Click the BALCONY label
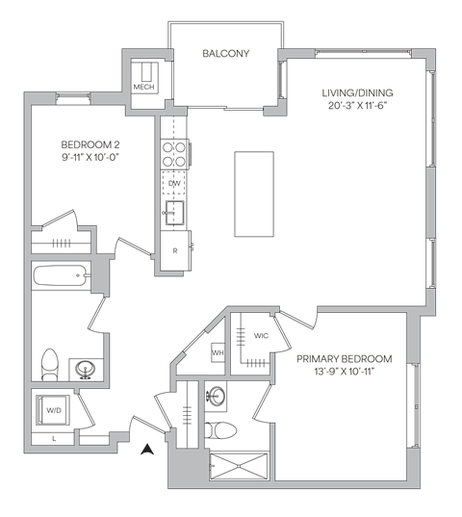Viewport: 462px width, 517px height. (x=226, y=54)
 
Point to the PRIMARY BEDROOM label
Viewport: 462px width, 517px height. (x=344, y=358)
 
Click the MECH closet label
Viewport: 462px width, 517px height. (x=143, y=86)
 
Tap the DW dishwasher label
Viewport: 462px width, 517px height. (x=174, y=182)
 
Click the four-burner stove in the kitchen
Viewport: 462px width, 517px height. (x=175, y=153)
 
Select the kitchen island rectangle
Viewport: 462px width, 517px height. (x=254, y=194)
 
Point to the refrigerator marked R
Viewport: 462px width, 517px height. (x=174, y=249)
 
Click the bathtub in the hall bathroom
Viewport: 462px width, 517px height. (x=59, y=277)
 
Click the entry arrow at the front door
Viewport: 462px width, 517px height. (x=146, y=448)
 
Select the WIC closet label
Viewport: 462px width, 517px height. (x=261, y=336)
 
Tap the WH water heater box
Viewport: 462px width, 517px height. (x=218, y=353)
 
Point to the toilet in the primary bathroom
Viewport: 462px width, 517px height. (x=216, y=429)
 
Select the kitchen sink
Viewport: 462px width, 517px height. (x=175, y=211)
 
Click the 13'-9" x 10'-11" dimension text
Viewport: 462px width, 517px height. (x=344, y=370)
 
